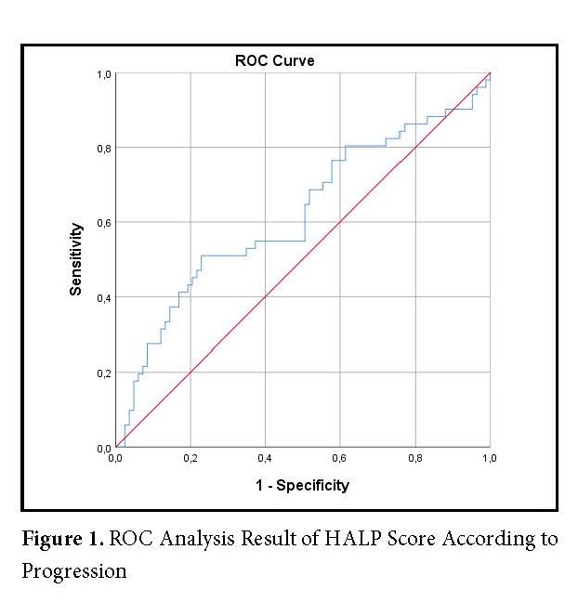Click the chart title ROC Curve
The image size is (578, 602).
pyautogui.click(x=274, y=61)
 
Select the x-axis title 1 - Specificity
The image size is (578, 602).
pyautogui.click(x=303, y=484)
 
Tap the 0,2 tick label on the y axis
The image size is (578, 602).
pyautogui.click(x=103, y=373)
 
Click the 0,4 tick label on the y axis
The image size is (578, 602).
pyautogui.click(x=103, y=297)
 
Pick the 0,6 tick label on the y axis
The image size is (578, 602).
pyautogui.click(x=103, y=222)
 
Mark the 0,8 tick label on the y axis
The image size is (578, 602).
pyautogui.click(x=103, y=148)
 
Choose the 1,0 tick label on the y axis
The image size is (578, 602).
pyautogui.click(x=103, y=73)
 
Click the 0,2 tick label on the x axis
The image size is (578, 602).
pyautogui.click(x=190, y=458)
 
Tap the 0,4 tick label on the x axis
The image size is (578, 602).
pyautogui.click(x=265, y=458)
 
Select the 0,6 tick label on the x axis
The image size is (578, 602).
pyautogui.click(x=340, y=458)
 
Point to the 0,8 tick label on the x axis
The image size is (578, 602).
pyautogui.click(x=414, y=458)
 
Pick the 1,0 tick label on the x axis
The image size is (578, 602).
pyautogui.click(x=489, y=458)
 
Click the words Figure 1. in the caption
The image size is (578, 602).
pyautogui.click(x=60, y=539)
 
